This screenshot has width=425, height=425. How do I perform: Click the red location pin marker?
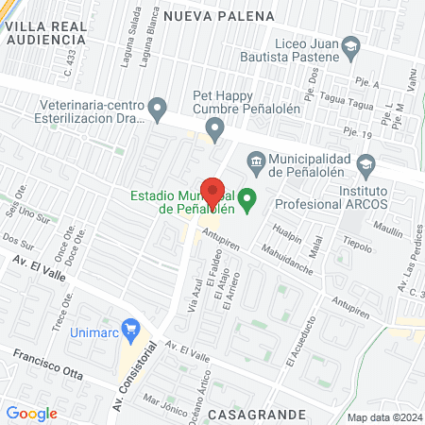[x=212, y=195]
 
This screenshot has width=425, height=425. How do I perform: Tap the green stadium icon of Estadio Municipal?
[x=247, y=198]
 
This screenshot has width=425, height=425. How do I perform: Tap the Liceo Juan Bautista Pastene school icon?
[x=351, y=45]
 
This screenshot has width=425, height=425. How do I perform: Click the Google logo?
[x=31, y=413]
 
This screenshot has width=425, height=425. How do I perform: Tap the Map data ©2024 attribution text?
[x=383, y=417]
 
